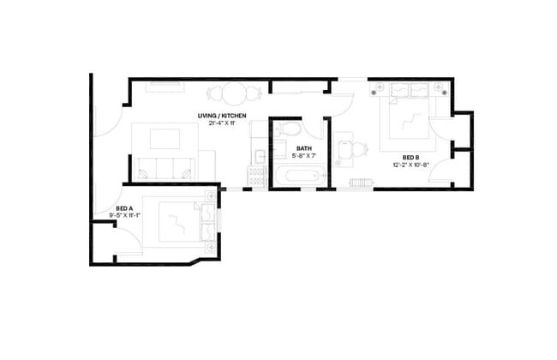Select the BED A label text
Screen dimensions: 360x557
(124, 208)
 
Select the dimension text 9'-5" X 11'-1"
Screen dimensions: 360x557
(124, 216)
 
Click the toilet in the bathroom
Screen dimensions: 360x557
(288, 131)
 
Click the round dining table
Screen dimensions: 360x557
(231, 94)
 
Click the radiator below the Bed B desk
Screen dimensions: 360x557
(359, 183)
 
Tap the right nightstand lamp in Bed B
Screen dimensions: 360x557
(440, 87)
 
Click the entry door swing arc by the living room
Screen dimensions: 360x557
(107, 120)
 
